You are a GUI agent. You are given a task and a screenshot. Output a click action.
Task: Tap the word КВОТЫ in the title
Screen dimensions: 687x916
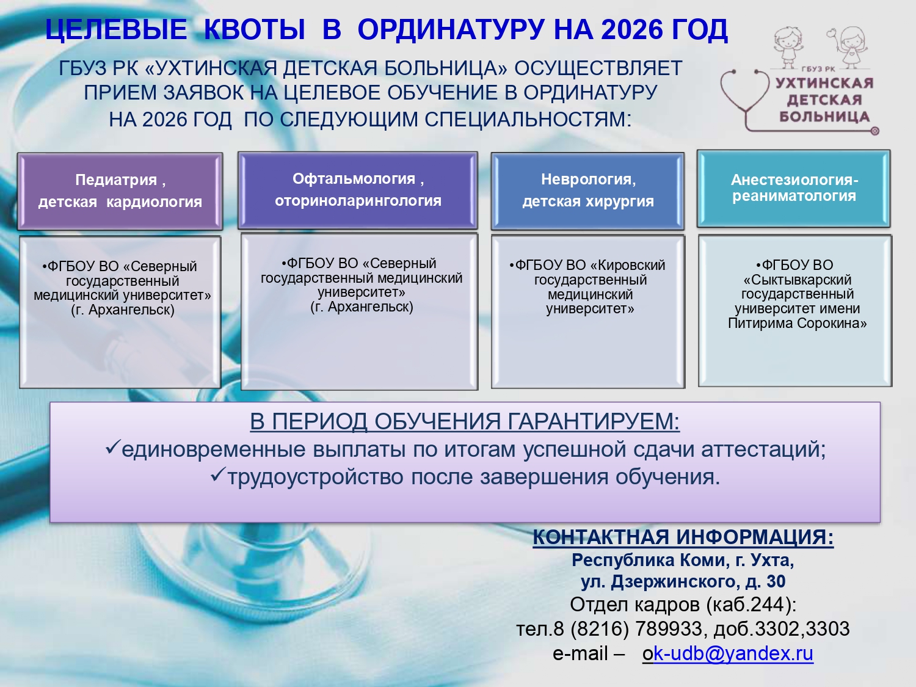click(253, 29)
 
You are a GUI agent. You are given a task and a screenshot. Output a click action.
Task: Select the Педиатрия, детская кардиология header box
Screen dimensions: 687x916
click(120, 191)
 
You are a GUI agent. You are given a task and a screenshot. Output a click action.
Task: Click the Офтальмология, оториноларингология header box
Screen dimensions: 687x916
click(358, 190)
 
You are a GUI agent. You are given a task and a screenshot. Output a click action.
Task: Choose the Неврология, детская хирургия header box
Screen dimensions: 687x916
click(588, 191)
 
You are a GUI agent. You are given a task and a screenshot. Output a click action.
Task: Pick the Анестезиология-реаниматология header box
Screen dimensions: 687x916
click(794, 188)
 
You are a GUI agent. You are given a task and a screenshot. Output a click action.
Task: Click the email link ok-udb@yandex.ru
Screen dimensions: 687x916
click(728, 653)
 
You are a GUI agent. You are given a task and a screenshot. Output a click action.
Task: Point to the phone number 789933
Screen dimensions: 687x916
click(669, 628)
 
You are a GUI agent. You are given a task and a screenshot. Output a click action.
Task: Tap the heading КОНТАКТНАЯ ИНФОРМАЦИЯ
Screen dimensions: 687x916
click(683, 537)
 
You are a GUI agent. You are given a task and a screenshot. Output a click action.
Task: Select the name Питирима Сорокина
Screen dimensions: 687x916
click(797, 323)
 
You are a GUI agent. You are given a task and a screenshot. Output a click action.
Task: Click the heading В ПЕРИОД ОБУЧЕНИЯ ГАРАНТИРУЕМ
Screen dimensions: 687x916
click(464, 421)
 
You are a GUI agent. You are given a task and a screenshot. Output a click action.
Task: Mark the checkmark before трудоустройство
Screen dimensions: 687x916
click(218, 475)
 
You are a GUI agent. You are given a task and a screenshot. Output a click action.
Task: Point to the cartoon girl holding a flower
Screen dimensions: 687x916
click(849, 46)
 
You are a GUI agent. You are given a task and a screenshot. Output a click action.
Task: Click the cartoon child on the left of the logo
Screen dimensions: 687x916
click(788, 46)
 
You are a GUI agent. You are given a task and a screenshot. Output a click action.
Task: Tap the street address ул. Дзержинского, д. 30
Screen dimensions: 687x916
click(683, 581)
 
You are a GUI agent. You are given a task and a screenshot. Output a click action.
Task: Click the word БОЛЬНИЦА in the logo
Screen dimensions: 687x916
click(824, 116)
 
